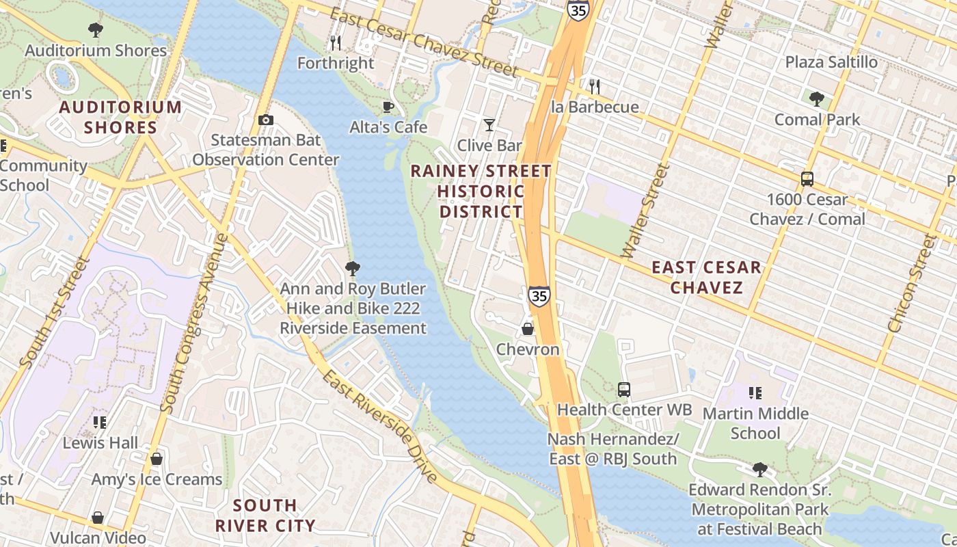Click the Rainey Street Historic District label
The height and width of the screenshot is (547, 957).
pos(481,191)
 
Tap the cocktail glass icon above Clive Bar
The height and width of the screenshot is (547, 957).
pos(489,124)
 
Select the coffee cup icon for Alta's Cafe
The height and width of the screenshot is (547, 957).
pos(388,107)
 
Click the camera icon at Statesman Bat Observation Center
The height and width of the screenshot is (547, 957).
pos(266,120)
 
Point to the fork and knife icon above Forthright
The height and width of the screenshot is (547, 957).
pos(336,43)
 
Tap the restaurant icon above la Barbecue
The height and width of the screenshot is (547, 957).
pos(595,87)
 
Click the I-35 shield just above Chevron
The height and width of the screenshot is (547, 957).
pos(539,296)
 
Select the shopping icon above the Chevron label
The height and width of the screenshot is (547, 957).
pos(528,329)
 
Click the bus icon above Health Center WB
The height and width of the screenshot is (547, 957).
pos(624,390)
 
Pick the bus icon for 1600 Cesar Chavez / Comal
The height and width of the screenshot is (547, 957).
pos(807,180)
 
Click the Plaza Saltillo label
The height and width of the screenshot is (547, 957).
pos(831,62)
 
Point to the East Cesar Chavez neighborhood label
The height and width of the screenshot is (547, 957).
pos(706,277)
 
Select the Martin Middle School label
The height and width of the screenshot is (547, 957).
pos(755,423)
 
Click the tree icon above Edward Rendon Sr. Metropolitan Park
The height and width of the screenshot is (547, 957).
pos(759,470)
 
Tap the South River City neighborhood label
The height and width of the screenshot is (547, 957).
pos(265,516)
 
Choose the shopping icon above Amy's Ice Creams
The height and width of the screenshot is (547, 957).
pos(157,459)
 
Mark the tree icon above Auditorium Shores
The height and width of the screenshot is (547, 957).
pos(96,30)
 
